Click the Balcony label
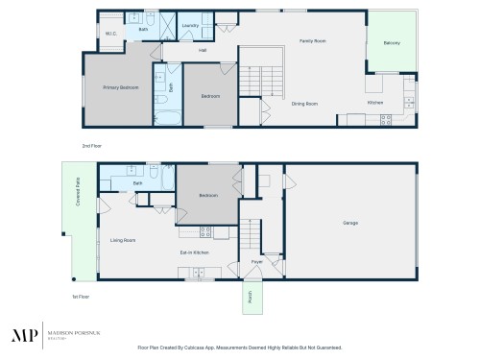[x=392, y=43]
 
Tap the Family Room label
[x=313, y=41]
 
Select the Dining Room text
[x=305, y=103]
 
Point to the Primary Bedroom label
[x=121, y=87]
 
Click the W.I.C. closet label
[x=111, y=35]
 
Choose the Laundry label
[x=189, y=26]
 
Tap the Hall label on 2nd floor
[x=203, y=50]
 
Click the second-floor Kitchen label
[x=374, y=103]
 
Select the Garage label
[x=350, y=222]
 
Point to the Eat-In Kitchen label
[x=195, y=252]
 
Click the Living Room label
[x=122, y=240]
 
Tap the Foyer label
[x=257, y=261]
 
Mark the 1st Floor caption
[x=81, y=297]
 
